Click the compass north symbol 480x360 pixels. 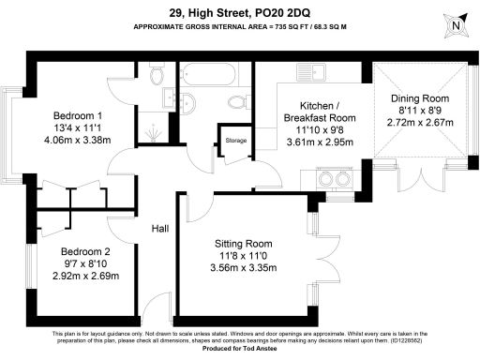457,25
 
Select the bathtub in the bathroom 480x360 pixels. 212,73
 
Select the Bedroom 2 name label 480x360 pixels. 85,252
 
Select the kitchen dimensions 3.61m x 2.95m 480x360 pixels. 320,142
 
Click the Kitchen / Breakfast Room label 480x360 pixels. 320,112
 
